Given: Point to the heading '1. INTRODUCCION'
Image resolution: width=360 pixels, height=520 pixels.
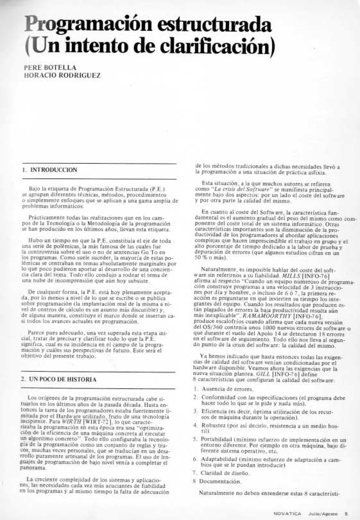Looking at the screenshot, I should click(x=51, y=169).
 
